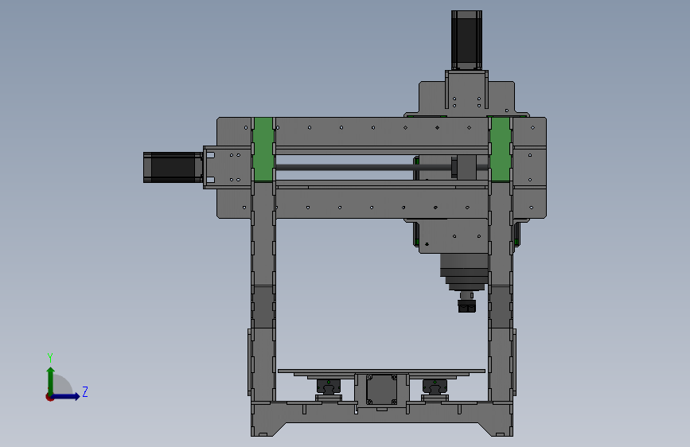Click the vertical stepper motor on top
466,40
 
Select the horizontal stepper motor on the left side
173,167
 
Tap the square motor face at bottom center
381,390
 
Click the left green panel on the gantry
263,150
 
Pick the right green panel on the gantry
500,150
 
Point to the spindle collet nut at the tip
467,305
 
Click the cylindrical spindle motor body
464,272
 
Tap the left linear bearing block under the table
328,387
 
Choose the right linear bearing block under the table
435,387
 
